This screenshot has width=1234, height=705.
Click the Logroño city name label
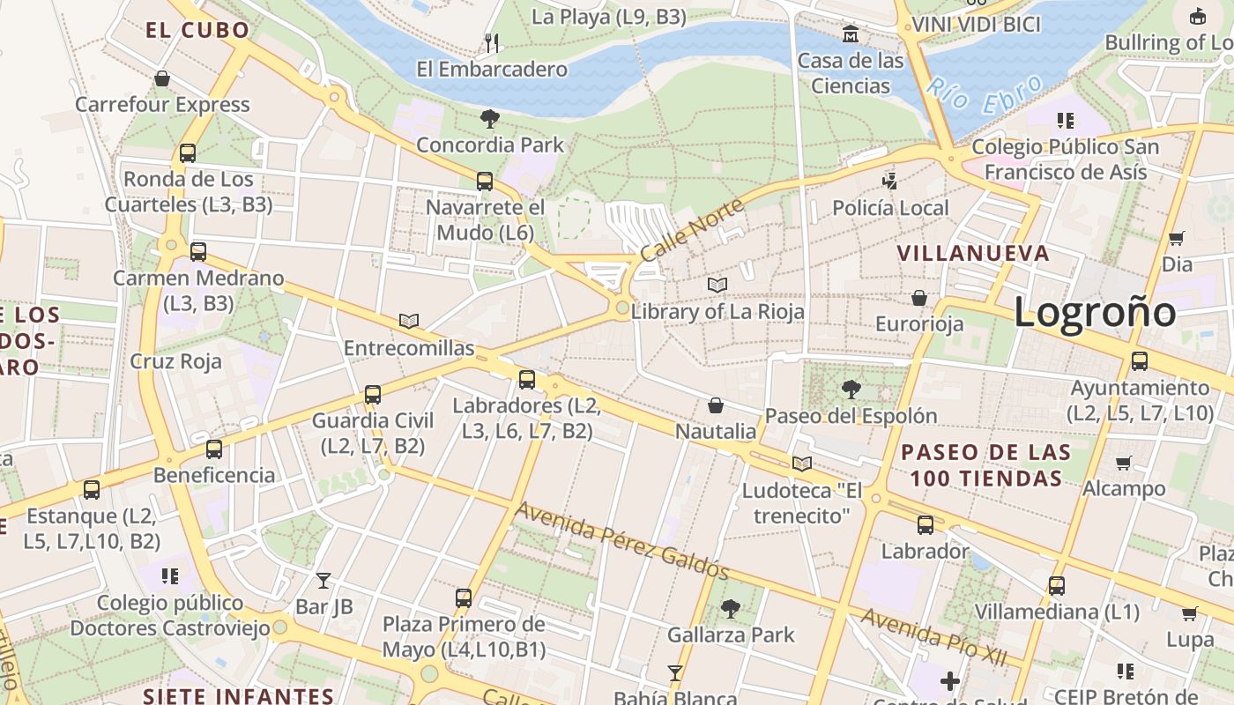tap(1094, 313)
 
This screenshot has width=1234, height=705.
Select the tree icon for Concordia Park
tap(489, 119)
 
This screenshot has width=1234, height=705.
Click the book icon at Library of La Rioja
tap(717, 286)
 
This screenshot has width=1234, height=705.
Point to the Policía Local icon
tap(890, 182)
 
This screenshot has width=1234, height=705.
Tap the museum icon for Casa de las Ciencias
tap(851, 34)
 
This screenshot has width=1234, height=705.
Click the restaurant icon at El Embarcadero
tap(492, 42)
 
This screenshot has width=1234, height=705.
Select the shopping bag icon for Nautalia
tap(716, 405)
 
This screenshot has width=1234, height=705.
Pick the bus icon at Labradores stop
tap(526, 380)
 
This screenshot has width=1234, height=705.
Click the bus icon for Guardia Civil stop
tap(373, 394)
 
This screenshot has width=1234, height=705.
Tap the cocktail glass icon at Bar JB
tap(323, 580)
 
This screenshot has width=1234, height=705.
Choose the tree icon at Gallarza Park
tap(730, 608)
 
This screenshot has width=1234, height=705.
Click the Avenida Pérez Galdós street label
tap(622, 541)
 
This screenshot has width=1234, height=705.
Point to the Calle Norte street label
tap(692, 230)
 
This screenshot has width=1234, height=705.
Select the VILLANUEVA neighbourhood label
tap(973, 254)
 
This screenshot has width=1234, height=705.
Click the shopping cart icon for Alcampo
tap(1123, 463)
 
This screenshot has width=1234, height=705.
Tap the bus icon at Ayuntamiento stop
tap(1139, 361)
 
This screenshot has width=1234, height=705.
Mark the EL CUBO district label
tap(197, 30)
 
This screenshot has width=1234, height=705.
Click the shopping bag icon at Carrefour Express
tap(162, 78)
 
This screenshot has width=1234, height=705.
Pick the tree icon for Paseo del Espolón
tap(851, 389)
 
